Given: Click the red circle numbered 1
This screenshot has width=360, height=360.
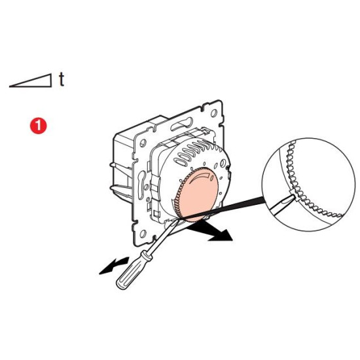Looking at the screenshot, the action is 39,126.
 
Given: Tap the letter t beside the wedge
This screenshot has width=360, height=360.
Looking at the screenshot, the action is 62,79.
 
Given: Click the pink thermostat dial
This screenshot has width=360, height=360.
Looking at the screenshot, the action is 197,194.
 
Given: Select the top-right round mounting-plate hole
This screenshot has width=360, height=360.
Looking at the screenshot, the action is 214,113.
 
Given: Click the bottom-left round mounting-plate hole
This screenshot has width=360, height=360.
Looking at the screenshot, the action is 143,234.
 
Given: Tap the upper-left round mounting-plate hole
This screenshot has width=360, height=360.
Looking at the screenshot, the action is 143,143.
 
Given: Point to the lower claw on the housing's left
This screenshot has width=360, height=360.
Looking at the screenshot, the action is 121,190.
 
